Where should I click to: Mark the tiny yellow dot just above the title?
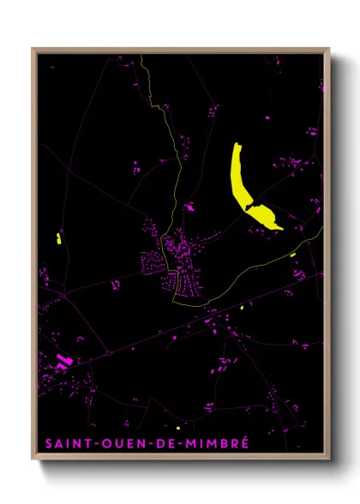(x=177, y=428)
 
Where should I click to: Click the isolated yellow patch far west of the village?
(x=58, y=237)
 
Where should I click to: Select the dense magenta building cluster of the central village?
(x=176, y=261)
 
